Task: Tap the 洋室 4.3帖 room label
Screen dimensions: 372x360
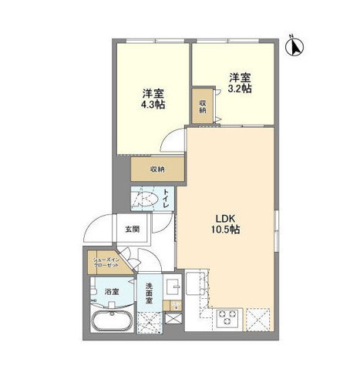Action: pyautogui.click(x=152, y=100)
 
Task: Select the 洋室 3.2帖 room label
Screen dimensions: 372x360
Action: pyautogui.click(x=240, y=82)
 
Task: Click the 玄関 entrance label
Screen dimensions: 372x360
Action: pyautogui.click(x=132, y=229)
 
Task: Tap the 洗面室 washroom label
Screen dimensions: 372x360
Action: pyautogui.click(x=150, y=293)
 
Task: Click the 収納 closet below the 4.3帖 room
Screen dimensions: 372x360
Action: pyautogui.click(x=156, y=169)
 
